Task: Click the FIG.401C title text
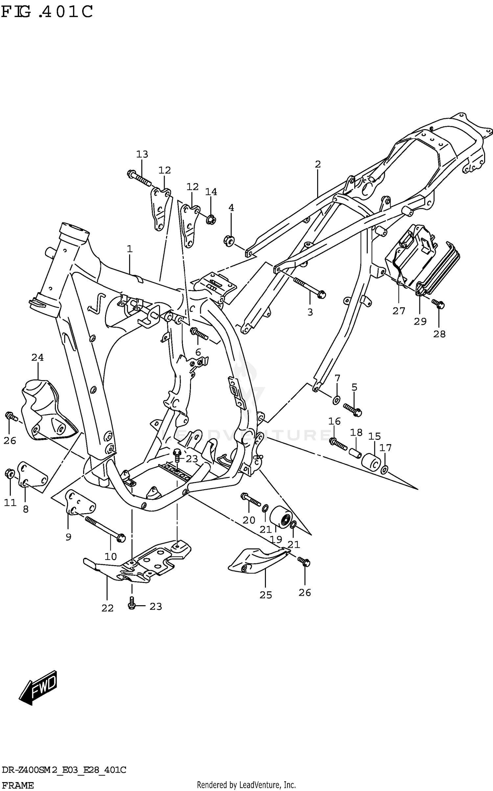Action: (47, 12)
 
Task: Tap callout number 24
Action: (37, 357)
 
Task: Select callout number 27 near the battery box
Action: (399, 311)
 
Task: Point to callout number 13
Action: (142, 154)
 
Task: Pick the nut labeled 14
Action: (211, 219)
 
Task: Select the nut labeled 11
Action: (10, 474)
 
